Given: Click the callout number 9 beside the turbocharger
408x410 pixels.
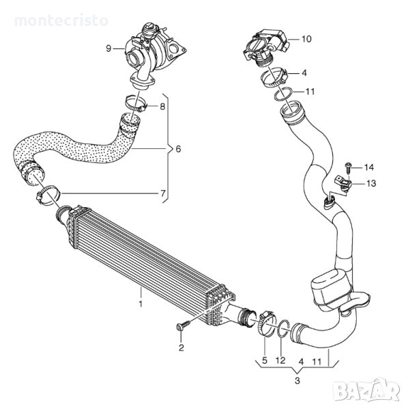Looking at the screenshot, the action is coord(108,49).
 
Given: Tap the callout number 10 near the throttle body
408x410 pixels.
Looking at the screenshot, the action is coord(306,39).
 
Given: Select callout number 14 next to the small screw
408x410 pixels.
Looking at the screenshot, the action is coord(369,167).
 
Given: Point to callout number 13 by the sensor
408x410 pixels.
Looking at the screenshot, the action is coord(371,183).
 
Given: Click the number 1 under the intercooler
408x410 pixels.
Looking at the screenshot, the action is coord(141,304).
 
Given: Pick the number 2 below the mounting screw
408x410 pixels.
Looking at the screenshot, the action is coord(181,348).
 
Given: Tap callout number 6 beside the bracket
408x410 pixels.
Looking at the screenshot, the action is coord(178,149).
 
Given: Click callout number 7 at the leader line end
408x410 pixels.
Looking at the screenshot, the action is coord(163,193).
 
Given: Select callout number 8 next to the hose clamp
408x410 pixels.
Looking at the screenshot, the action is coord(162,107).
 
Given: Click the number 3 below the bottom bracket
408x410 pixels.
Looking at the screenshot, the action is coord(297,381).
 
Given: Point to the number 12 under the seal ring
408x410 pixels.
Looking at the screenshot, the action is coord(280,360).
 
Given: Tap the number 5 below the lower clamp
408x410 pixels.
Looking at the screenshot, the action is coord(265,360).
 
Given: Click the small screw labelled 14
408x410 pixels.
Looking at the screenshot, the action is coord(348,167).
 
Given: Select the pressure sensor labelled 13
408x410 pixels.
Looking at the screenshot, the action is coord(342,182).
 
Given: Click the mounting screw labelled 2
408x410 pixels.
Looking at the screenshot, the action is coord(184,326).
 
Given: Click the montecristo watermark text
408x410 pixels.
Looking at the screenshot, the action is coord(61,20).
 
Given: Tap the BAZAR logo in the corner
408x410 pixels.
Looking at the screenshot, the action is coord(366,391).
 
